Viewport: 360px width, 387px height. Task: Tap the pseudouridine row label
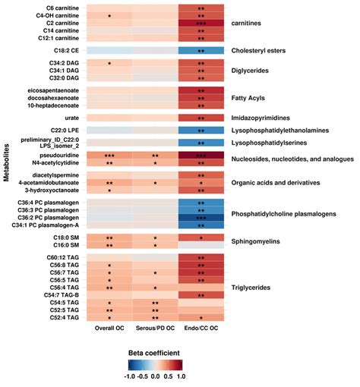click(x=61, y=155)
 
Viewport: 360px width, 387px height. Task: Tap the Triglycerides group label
click(x=254, y=287)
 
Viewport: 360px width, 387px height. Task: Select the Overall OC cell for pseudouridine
click(x=109, y=155)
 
